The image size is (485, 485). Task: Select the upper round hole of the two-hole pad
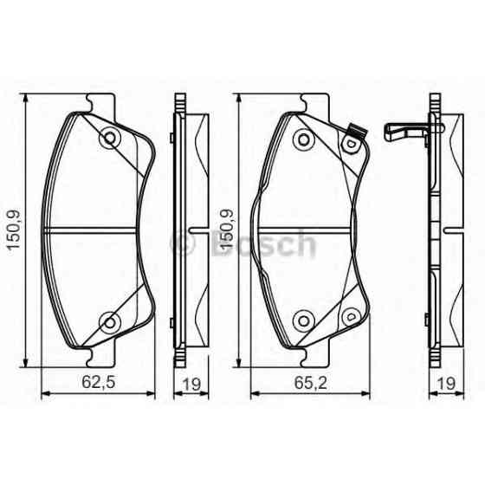click(x=109, y=137)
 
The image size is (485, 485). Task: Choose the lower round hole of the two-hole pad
click(x=109, y=322)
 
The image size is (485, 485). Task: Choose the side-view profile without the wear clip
click(x=184, y=230)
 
